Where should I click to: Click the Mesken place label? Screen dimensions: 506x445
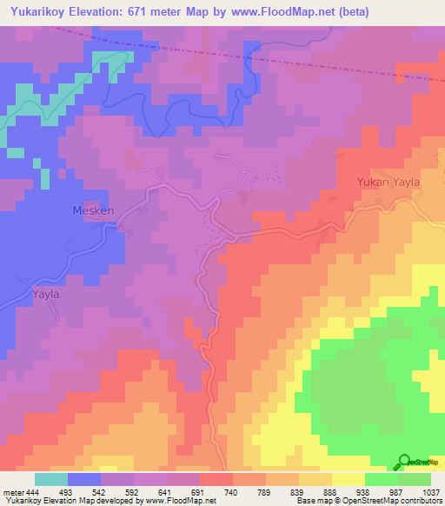[86, 210]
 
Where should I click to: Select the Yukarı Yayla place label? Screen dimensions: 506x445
[389, 183]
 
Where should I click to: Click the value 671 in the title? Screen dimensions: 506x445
[151, 11]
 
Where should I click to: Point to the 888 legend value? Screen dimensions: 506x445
[330, 491]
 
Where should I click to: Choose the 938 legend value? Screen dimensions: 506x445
[362, 491]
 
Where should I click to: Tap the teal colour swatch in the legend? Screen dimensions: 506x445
[51, 479]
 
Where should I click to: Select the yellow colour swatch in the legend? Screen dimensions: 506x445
[349, 479]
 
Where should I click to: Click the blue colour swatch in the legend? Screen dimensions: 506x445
[84, 479]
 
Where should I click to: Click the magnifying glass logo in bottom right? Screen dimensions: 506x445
[404, 462]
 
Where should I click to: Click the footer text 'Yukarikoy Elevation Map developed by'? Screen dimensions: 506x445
[61, 502]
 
